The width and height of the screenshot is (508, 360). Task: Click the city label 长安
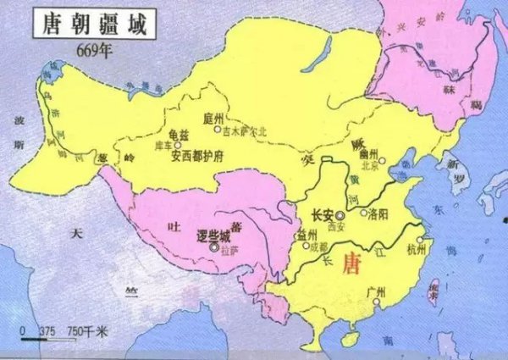[x=323, y=215]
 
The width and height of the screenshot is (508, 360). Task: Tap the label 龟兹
[x=180, y=133]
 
